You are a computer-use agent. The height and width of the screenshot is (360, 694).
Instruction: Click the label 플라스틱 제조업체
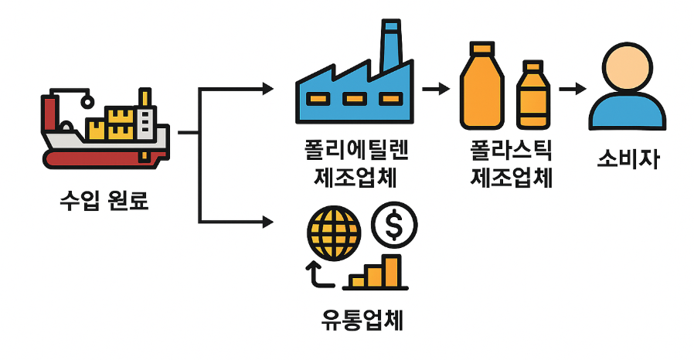[511, 164]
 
